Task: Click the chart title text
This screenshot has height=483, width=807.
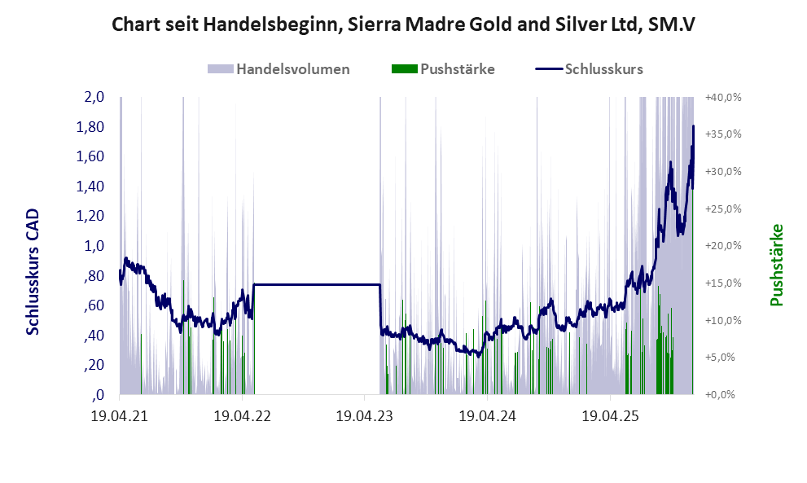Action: [x=403, y=24]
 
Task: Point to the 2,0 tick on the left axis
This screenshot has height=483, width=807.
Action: [x=94, y=97]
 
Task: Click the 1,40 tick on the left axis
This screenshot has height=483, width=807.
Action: [x=90, y=187]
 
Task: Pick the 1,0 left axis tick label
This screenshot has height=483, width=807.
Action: [x=94, y=246]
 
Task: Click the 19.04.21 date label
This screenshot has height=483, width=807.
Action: [x=120, y=416]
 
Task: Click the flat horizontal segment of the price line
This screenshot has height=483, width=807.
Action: [x=318, y=284]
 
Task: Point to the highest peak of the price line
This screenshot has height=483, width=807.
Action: [x=694, y=127]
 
